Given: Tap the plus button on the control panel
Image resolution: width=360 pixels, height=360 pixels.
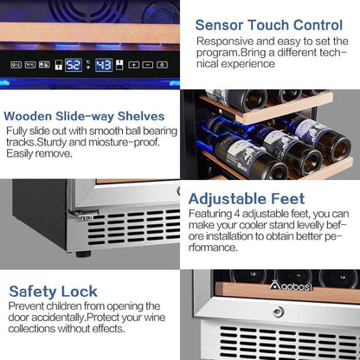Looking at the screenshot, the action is tap(133, 65).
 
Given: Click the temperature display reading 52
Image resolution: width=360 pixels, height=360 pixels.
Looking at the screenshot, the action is tap(74, 65).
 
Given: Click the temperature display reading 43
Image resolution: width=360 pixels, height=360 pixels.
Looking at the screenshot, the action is tap(104, 65).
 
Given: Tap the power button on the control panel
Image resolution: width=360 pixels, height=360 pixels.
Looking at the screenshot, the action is tap(162, 65).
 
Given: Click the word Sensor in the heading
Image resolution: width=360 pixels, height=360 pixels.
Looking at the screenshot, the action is tap(219, 25).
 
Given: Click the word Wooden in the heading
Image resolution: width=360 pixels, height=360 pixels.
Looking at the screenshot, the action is tap(28, 116).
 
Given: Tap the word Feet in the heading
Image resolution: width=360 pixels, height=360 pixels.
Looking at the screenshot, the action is tap(288, 199).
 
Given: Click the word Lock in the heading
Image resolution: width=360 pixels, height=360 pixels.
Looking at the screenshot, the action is tap(80, 292).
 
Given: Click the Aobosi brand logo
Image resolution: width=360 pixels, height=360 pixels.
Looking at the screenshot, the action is tap(291, 286).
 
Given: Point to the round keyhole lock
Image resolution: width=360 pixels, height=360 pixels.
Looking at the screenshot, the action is tap(279, 312).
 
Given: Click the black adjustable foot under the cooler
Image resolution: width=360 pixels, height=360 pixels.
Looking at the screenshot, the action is tap(83, 254).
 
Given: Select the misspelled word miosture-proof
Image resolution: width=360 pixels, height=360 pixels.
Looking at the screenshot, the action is tap(124, 142).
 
